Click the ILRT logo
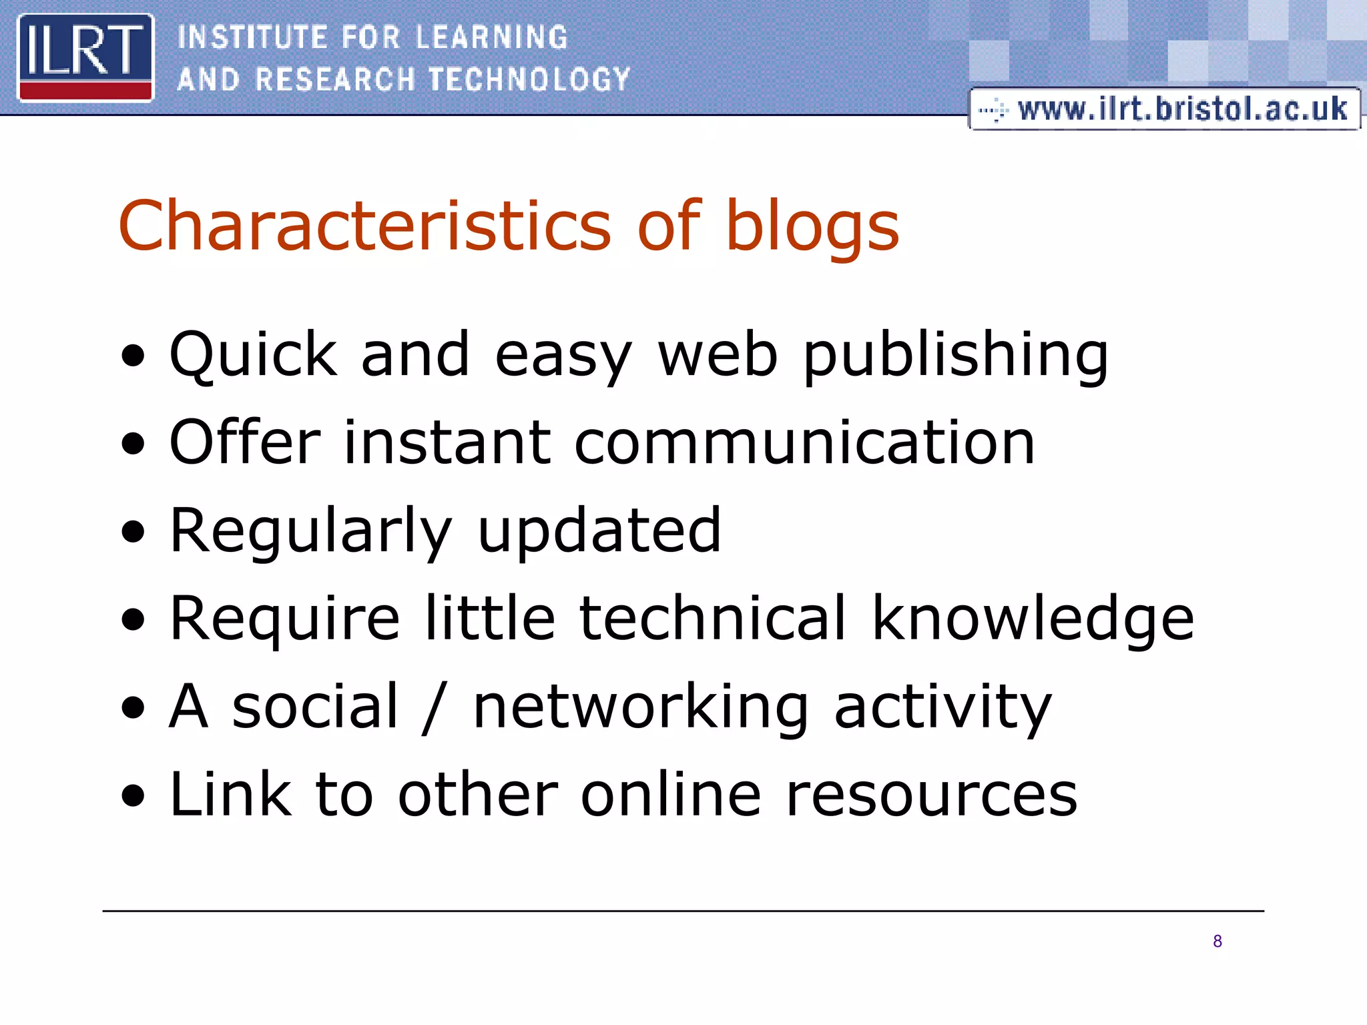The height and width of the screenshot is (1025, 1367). pyautogui.click(x=85, y=57)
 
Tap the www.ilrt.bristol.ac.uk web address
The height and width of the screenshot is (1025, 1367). pyautogui.click(x=1181, y=109)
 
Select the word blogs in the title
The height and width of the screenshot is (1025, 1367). pyautogui.click(x=812, y=227)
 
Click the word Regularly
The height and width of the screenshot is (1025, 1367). pyautogui.click(x=311, y=533)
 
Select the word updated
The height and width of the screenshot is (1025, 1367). pyautogui.click(x=599, y=531)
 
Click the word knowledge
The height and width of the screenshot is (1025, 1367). pyautogui.click(x=1033, y=619)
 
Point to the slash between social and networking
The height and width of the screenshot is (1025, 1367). pyautogui.click(x=434, y=707)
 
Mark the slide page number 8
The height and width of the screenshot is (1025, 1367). pyautogui.click(x=1217, y=942)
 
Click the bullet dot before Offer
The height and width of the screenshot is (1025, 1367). pyautogui.click(x=133, y=444)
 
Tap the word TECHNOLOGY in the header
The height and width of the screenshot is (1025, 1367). pyautogui.click(x=529, y=79)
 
